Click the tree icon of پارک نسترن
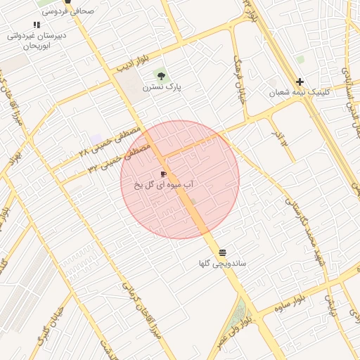click(162, 75)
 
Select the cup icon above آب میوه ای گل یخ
click(163, 174)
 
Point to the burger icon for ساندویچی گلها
click(222, 252)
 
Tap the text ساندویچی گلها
click(221, 264)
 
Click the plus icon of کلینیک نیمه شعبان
click(300, 82)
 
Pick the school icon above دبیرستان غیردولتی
click(37, 25)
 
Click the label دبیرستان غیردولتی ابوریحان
click(37, 40)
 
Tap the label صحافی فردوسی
click(68, 11)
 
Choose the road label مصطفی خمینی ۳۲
click(118, 158)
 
